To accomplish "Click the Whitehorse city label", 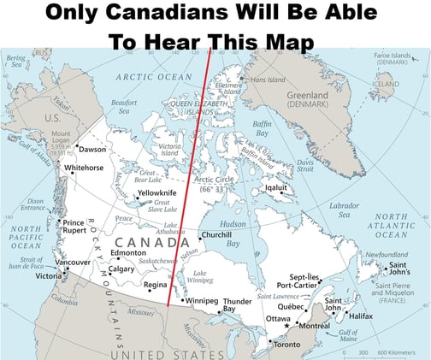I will (x=83, y=168).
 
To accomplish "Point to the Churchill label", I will (x=217, y=235).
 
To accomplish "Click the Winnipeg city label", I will (x=202, y=301).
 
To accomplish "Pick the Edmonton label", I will (x=128, y=253).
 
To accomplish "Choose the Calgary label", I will (x=121, y=269).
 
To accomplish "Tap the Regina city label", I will (x=155, y=285).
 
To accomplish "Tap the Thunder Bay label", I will (x=236, y=305).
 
